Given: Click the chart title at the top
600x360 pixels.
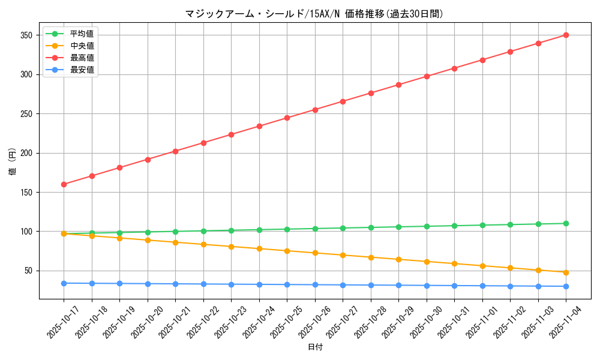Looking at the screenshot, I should point(315,14).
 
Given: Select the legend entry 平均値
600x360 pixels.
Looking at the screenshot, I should point(82,34).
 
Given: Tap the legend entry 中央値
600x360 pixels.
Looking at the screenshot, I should point(82,46).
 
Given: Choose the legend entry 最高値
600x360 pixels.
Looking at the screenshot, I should point(82,58).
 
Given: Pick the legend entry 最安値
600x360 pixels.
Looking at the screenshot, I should point(82,70).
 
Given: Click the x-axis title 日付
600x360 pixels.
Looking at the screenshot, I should point(315,347).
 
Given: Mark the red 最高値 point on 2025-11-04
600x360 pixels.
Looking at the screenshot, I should point(566,35).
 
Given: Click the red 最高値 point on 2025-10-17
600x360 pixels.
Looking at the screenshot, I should point(64,184).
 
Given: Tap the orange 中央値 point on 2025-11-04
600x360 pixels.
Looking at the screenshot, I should point(566,272).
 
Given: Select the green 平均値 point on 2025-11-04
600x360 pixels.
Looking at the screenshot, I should point(566,223).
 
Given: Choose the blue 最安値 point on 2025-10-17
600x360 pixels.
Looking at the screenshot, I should point(64,283).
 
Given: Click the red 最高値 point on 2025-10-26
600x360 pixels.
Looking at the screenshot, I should point(315,110).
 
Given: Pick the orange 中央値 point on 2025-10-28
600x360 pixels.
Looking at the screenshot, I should point(371,257).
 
